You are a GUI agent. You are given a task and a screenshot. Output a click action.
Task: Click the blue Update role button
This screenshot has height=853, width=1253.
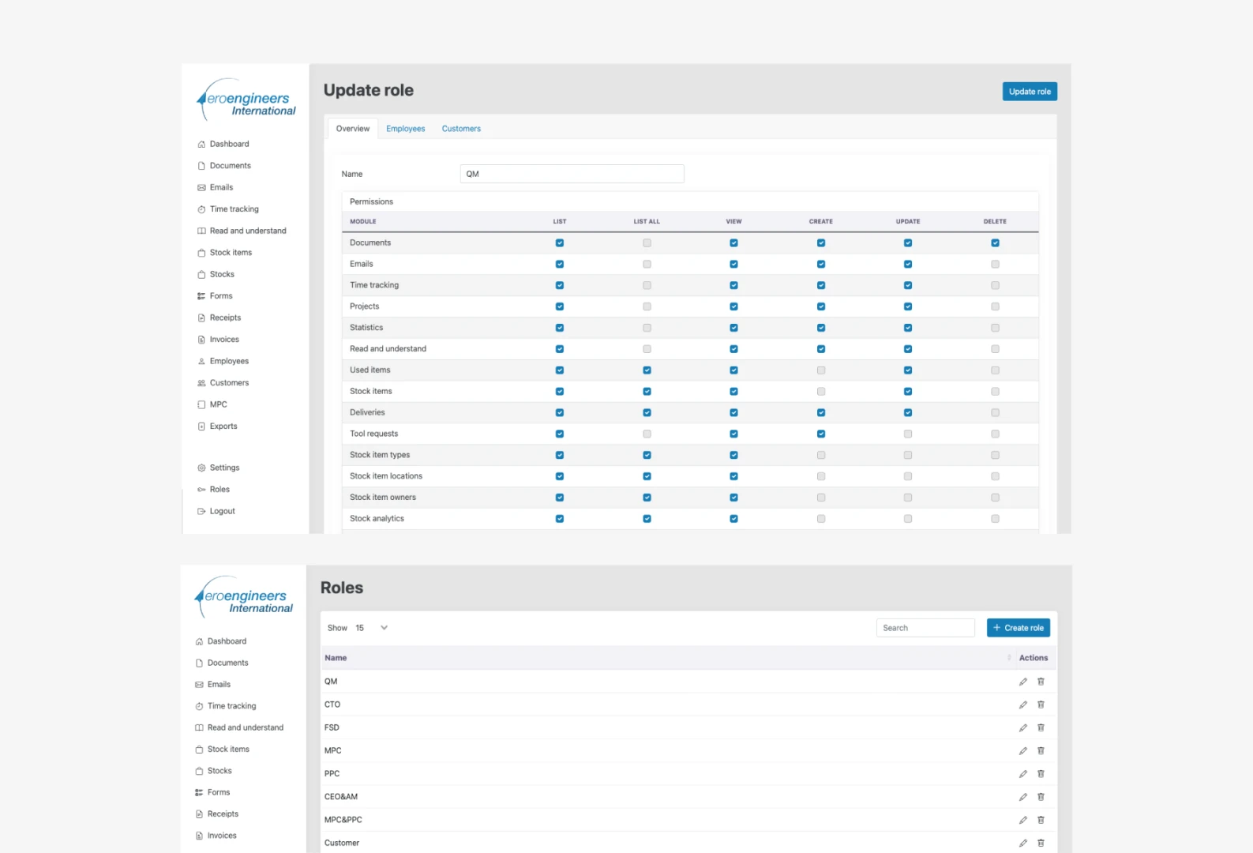(1030, 92)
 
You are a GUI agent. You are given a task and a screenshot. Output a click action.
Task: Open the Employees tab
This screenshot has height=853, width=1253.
(406, 128)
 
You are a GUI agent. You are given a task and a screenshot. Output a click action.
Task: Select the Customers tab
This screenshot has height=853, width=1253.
(461, 128)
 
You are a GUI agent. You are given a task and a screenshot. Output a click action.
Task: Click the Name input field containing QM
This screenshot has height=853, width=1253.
(572, 174)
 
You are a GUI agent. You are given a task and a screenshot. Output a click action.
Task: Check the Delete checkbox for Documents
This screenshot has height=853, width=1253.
(995, 243)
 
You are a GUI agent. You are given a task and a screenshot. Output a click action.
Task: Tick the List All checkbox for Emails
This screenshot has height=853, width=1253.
(647, 264)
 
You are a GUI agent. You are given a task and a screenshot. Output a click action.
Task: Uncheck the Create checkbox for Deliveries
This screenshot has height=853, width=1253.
(820, 412)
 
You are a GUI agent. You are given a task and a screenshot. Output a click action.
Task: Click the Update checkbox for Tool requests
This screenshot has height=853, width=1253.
(908, 434)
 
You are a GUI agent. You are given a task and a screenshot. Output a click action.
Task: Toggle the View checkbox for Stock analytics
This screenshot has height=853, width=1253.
(734, 519)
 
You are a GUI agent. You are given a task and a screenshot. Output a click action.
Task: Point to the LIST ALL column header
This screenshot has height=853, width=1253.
(647, 221)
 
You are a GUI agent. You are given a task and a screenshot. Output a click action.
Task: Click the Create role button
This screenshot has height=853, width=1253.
(1018, 627)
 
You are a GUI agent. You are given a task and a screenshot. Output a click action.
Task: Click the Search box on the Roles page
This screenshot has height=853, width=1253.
(925, 627)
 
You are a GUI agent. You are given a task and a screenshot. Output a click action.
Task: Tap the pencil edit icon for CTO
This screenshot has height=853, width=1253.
(1023, 705)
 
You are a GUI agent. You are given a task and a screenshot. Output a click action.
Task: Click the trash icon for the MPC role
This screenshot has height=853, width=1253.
(1041, 750)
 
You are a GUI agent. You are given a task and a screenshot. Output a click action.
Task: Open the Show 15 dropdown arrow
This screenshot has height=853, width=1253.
(385, 627)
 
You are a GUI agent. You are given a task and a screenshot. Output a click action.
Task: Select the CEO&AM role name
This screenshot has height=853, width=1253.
(340, 796)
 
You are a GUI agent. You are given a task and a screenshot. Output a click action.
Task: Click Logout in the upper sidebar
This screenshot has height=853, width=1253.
(222, 511)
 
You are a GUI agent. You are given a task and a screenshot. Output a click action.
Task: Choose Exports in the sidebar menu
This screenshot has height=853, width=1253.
(223, 426)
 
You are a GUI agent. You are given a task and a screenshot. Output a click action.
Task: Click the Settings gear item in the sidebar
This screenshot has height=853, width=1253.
(224, 468)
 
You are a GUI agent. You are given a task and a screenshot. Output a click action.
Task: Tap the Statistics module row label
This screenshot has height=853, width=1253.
(366, 328)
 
